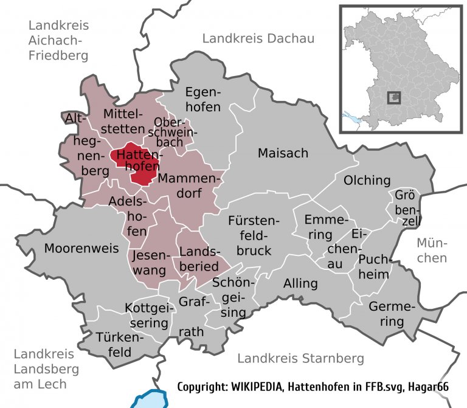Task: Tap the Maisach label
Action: [283, 153]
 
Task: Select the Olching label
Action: [367, 180]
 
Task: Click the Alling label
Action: [300, 283]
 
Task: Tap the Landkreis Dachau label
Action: [258, 39]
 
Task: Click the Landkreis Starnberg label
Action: [301, 358]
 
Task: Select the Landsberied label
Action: [198, 258]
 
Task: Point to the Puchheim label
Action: [373, 267]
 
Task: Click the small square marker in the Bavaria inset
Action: [395, 97]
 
